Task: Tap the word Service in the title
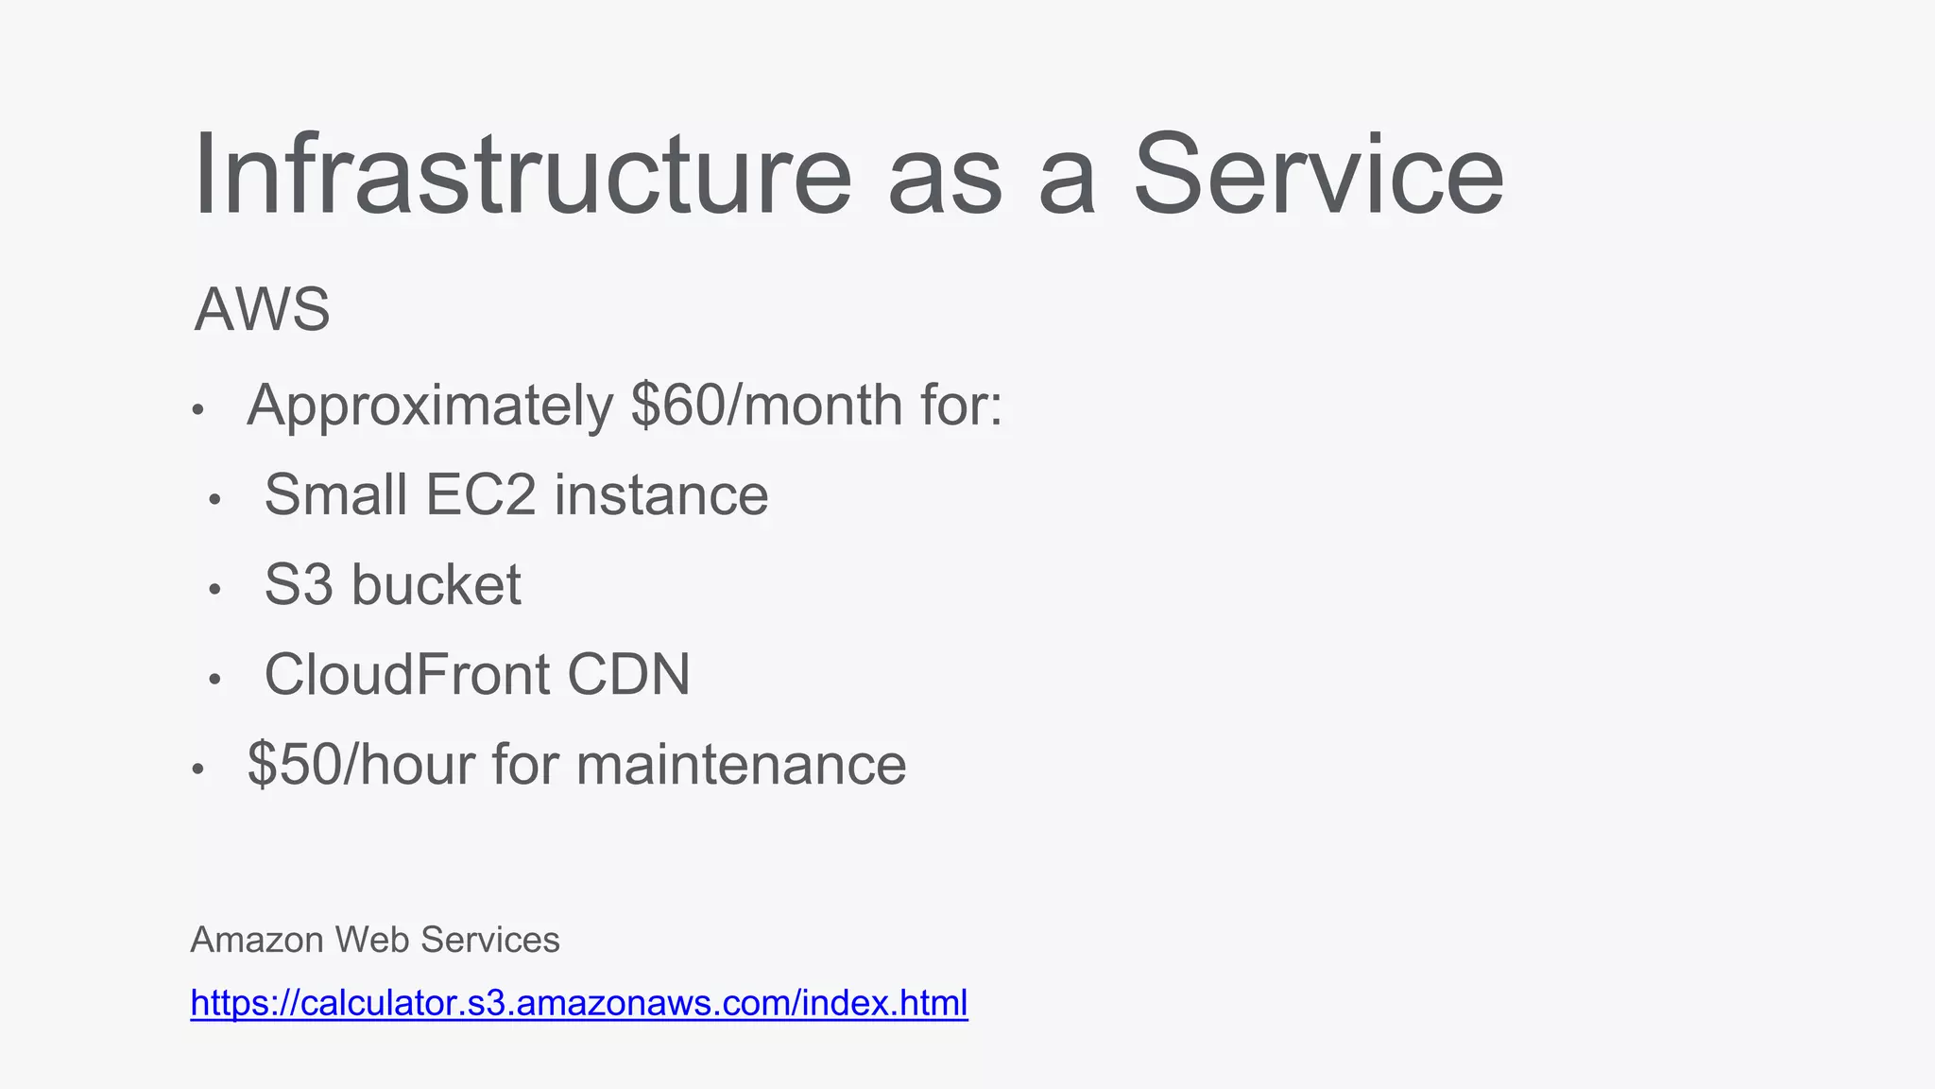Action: (x=1317, y=176)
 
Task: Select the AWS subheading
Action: (x=262, y=309)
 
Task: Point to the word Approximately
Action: (x=430, y=407)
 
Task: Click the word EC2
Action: (x=480, y=494)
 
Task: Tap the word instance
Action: (x=661, y=494)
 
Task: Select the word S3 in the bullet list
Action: (x=299, y=584)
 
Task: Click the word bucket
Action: (x=436, y=584)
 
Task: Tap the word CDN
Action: (x=628, y=675)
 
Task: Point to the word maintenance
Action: (x=741, y=765)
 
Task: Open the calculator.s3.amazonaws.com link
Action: (x=579, y=1003)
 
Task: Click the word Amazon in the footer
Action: (x=257, y=940)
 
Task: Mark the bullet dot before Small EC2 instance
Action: (x=214, y=500)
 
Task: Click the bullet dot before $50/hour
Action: (x=197, y=769)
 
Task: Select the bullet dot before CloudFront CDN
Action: (x=214, y=680)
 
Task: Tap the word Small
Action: (x=335, y=494)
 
